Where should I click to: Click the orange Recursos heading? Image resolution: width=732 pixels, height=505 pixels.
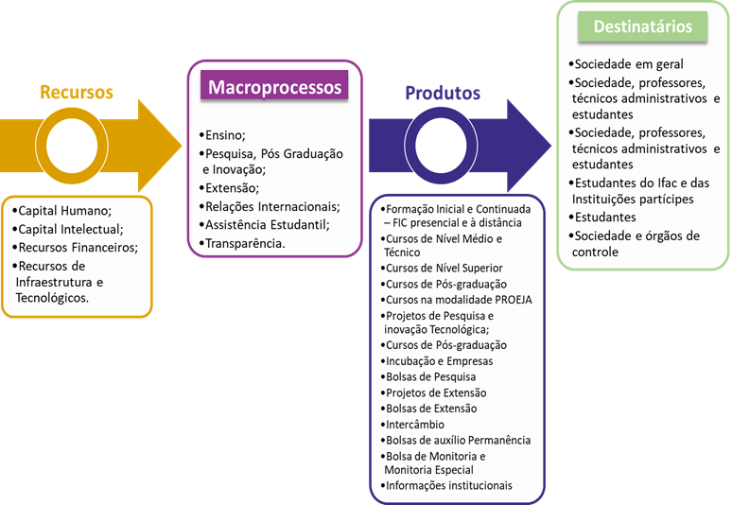[x=77, y=92]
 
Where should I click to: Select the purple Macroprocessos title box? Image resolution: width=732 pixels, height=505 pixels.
[x=274, y=88]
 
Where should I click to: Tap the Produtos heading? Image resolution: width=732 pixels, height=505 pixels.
[x=443, y=93]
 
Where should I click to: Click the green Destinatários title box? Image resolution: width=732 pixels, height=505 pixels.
[x=643, y=27]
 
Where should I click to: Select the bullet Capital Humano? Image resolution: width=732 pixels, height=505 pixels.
[x=62, y=211]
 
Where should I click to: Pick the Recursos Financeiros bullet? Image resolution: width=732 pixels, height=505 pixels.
[x=77, y=248]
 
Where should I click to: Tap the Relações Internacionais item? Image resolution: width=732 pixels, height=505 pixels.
[x=272, y=207]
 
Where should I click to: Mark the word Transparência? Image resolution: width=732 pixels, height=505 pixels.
[x=247, y=243]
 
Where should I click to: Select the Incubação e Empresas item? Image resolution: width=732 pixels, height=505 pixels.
[x=440, y=361]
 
